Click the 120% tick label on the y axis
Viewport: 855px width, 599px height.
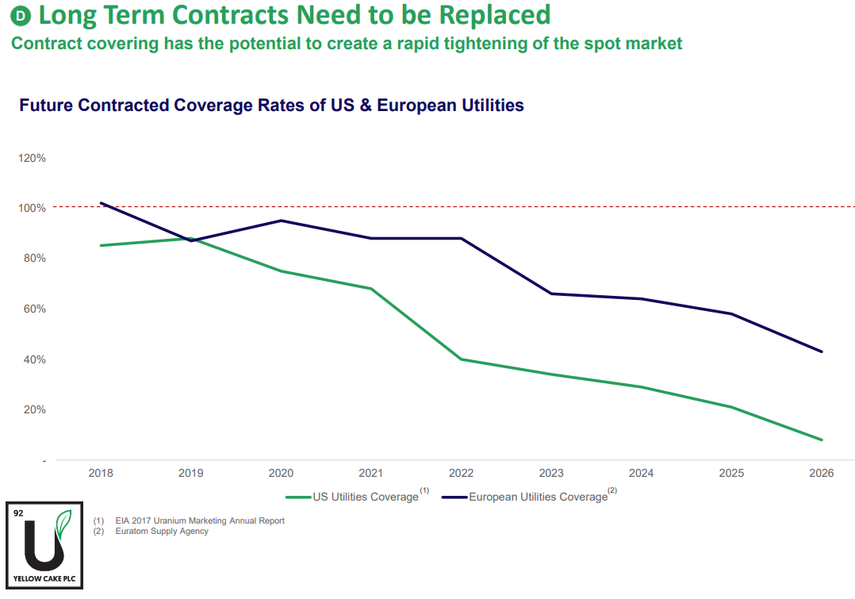pos(33,158)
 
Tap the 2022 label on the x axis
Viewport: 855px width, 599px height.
pos(461,474)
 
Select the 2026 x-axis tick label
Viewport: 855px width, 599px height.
pos(821,474)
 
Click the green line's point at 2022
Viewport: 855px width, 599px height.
pos(461,359)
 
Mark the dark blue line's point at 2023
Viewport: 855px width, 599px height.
pos(551,294)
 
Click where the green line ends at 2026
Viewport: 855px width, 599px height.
pos(822,440)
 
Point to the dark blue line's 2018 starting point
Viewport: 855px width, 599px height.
pos(102,203)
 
